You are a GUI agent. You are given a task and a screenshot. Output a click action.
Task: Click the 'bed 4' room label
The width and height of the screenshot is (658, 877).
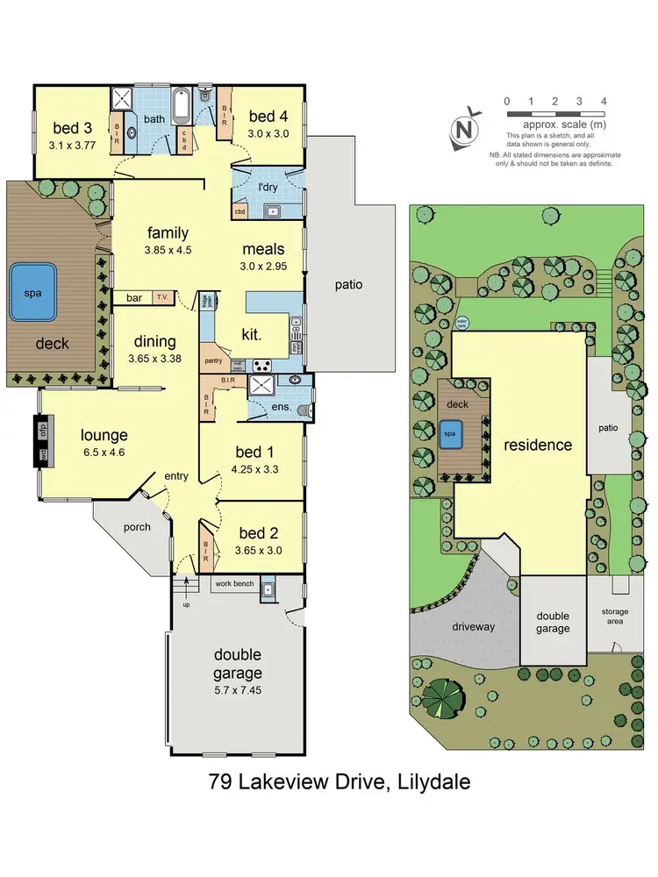click(263, 117)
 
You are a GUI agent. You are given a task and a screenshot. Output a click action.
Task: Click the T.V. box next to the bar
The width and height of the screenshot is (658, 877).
click(162, 297)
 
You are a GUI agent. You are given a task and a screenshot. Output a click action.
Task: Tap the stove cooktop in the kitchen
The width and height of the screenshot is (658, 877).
click(261, 364)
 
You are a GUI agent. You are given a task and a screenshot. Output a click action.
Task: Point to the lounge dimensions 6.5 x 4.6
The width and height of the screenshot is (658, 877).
click(104, 453)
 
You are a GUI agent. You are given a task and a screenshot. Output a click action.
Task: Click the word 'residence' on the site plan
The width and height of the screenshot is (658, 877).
click(537, 445)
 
